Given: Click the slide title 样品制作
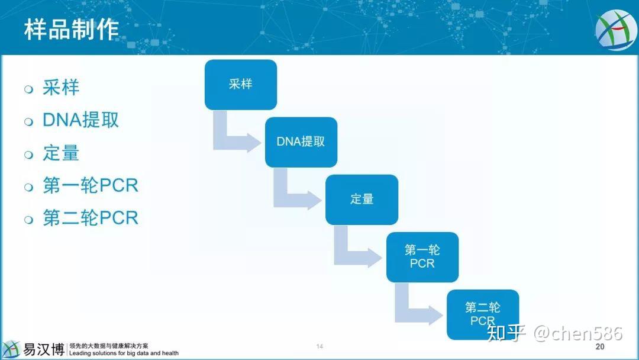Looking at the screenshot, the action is pyautogui.click(x=71, y=29).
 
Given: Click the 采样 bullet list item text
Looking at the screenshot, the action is pyautogui.click(x=60, y=88).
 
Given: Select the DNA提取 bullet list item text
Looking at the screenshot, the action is pyautogui.click(x=80, y=120).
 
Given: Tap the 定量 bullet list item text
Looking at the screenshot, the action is pyautogui.click(x=60, y=153).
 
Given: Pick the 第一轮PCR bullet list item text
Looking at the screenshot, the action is pyautogui.click(x=90, y=185).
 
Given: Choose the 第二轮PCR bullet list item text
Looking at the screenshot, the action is pyautogui.click(x=90, y=218).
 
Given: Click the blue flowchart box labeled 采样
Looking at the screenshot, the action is pyautogui.click(x=240, y=84).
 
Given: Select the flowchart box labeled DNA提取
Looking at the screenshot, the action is pyautogui.click(x=301, y=142).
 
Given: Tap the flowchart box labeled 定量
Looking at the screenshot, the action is pyautogui.click(x=362, y=199).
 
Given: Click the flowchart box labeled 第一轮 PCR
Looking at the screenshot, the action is pyautogui.click(x=422, y=256).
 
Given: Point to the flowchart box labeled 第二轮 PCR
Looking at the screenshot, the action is pyautogui.click(x=482, y=314).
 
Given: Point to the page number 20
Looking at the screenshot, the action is pyautogui.click(x=600, y=347).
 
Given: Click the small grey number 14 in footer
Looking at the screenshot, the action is pyautogui.click(x=319, y=346).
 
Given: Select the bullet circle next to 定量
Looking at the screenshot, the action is pyautogui.click(x=28, y=155).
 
